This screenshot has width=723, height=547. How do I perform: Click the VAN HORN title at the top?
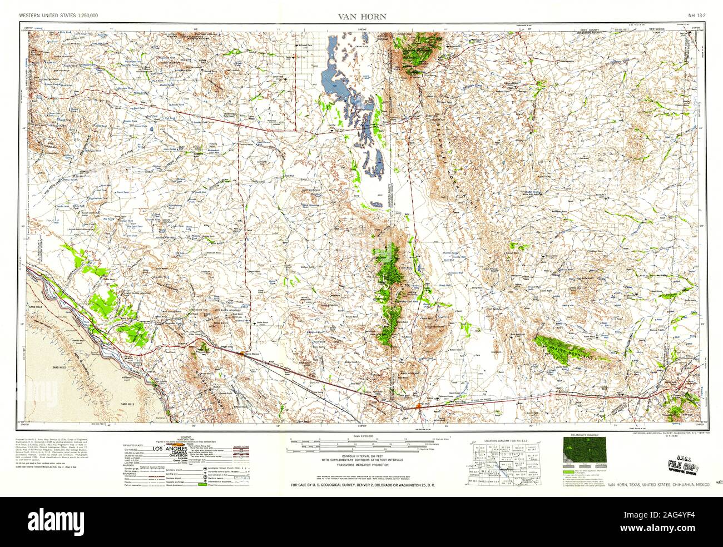click(x=361, y=17)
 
